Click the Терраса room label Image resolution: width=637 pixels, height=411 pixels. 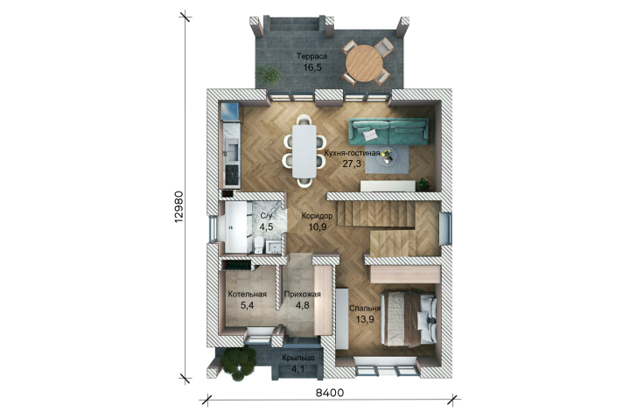311,57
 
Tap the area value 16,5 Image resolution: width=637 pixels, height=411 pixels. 312,67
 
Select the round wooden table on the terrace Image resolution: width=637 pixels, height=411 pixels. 364,63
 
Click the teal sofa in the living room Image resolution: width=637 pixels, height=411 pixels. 389,131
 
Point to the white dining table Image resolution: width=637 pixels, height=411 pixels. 304,151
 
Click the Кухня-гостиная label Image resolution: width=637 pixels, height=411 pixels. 353,154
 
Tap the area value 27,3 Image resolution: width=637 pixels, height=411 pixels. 353,164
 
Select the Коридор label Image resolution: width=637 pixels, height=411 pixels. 317,216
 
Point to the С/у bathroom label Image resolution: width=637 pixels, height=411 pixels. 266,216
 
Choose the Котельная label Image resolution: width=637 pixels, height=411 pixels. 247,295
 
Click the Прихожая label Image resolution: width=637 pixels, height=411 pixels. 302,295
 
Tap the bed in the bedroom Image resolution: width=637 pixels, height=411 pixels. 409,317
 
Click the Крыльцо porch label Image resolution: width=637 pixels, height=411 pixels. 298,359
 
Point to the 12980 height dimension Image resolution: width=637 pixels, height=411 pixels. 178,206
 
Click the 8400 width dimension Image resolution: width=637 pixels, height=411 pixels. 330,393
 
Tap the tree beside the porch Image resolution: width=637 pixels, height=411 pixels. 239,363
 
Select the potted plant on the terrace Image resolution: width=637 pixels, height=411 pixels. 268,75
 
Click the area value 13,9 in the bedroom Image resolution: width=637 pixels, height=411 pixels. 365,320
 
